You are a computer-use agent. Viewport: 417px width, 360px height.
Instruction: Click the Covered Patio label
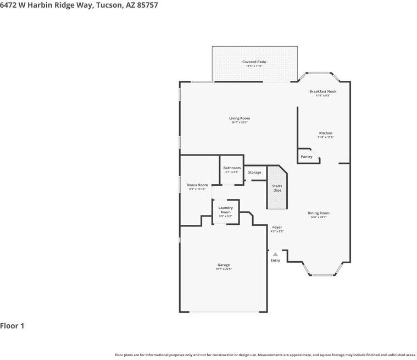coord(254,62)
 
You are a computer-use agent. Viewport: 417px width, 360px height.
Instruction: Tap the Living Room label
coord(240,118)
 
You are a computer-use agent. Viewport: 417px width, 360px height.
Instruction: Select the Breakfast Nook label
coord(323,91)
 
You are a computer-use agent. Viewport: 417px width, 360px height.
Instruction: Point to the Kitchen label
coord(326,133)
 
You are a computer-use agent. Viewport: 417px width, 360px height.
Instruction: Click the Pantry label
coord(307,157)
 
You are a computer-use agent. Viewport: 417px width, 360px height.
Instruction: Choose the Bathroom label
coord(232,168)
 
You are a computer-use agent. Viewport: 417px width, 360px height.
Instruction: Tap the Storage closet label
coord(254,173)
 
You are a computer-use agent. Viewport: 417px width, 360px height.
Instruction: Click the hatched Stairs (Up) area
coord(277,188)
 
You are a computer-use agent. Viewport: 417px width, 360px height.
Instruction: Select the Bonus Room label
coord(197,185)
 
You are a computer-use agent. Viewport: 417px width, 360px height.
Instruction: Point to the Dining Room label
coord(319,213)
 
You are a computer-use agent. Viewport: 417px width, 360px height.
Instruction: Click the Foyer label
coord(277,228)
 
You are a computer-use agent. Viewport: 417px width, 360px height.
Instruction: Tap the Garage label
coord(223,265)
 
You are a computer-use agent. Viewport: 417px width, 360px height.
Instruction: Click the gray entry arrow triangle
coord(275,254)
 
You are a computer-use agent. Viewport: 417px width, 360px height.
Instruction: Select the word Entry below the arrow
coord(275,261)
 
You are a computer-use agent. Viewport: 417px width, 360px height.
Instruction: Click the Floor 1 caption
coord(12,326)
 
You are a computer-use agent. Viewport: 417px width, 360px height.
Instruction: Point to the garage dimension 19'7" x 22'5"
coord(223,269)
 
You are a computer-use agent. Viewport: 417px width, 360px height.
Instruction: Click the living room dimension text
coord(240,123)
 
